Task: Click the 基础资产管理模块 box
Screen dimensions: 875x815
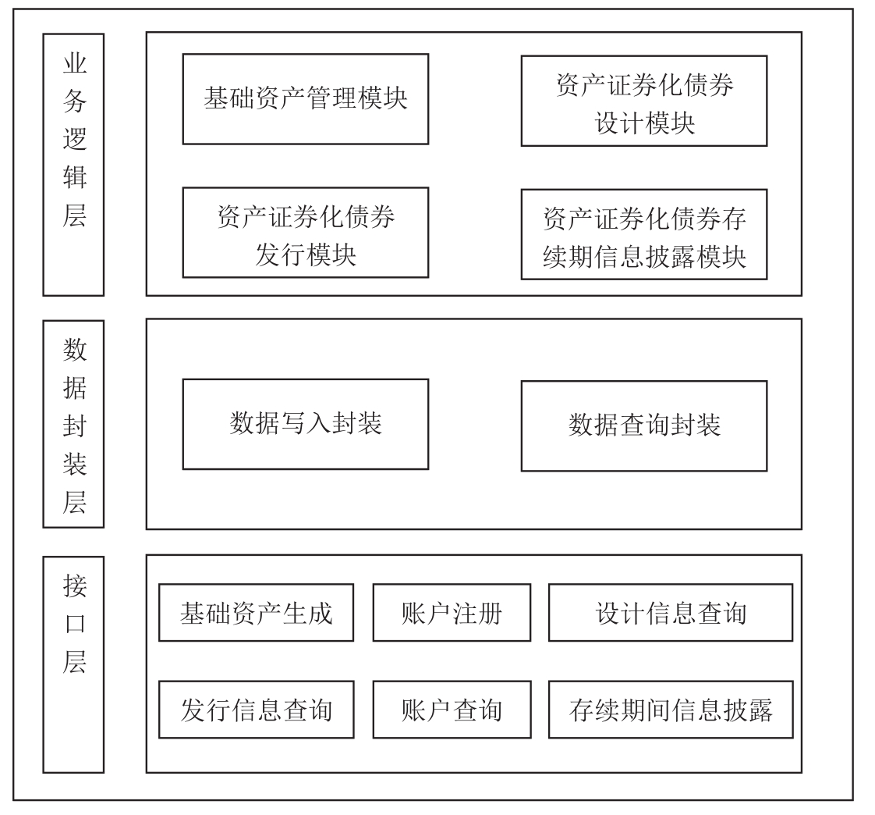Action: click(305, 99)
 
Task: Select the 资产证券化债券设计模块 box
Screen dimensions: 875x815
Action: click(644, 101)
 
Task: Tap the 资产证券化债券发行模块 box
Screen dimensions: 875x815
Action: click(305, 233)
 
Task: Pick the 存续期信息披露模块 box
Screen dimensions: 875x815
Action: click(644, 235)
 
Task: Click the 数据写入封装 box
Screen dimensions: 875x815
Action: click(305, 424)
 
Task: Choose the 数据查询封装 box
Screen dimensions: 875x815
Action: click(644, 426)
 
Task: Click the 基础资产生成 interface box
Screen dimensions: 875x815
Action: click(256, 613)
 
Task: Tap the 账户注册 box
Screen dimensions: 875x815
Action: click(452, 613)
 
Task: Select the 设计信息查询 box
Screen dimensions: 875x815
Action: click(670, 613)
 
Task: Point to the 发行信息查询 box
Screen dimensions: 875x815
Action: click(256, 710)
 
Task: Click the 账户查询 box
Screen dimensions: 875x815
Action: click(452, 710)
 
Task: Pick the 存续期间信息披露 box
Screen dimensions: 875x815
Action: click(670, 710)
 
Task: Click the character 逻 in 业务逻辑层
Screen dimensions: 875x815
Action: click(75, 139)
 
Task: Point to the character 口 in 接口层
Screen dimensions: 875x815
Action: click(75, 624)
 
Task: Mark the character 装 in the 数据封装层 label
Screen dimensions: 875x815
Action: click(75, 464)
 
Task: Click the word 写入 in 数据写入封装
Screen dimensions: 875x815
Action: click(305, 423)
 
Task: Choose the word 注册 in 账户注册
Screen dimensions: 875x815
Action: click(477, 614)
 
